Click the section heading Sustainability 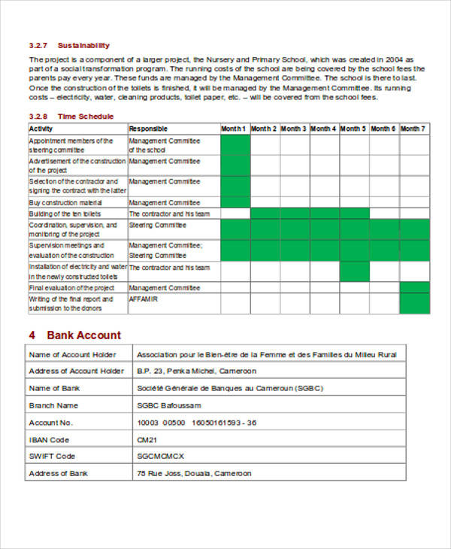85,46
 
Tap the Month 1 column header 234,129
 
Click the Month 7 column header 413,129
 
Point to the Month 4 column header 324,129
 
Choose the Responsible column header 149,129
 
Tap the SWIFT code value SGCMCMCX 160,456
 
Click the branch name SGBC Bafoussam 170,405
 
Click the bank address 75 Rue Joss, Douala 194,474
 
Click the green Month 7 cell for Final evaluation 414,288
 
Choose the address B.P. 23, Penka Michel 196,371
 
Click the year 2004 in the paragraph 395,58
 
